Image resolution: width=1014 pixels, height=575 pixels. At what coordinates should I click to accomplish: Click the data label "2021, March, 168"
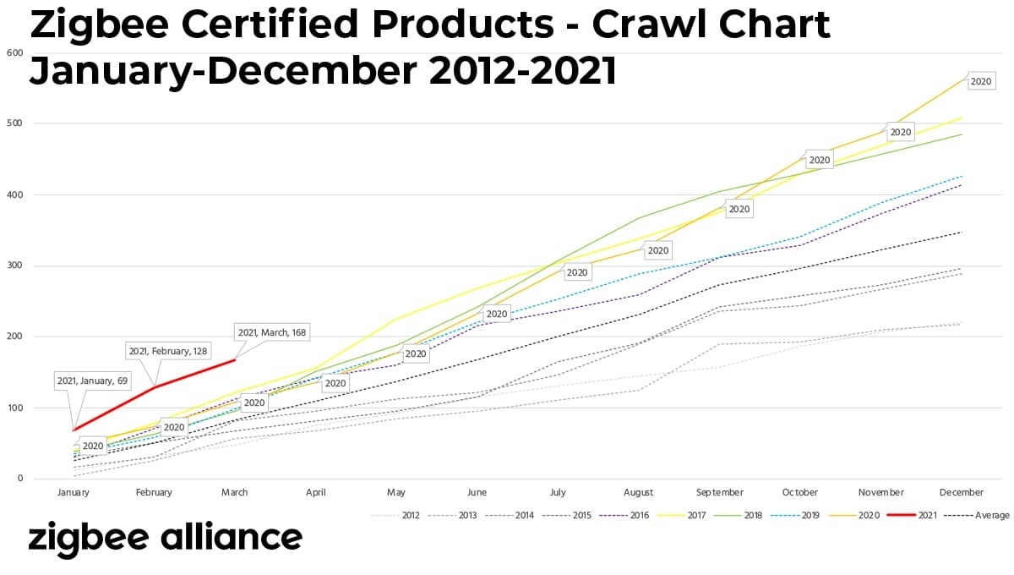click(271, 332)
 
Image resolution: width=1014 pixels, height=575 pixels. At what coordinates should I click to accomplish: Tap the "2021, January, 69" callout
click(93, 381)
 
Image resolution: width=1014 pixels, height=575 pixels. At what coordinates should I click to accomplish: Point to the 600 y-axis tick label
click(14, 52)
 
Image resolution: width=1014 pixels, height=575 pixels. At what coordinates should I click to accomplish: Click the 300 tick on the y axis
click(14, 266)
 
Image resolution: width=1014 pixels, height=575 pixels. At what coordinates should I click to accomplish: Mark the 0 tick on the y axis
click(19, 479)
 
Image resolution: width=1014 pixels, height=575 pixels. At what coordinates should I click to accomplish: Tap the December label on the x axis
click(962, 492)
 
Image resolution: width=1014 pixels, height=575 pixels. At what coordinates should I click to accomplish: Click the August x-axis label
click(639, 492)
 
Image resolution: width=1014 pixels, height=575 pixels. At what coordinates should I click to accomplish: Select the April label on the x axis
click(315, 492)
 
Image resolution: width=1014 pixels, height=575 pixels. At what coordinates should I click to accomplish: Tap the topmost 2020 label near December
click(981, 81)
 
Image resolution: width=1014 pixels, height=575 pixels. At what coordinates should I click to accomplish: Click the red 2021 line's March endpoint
click(235, 359)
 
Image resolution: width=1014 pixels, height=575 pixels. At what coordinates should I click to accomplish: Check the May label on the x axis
click(396, 492)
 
